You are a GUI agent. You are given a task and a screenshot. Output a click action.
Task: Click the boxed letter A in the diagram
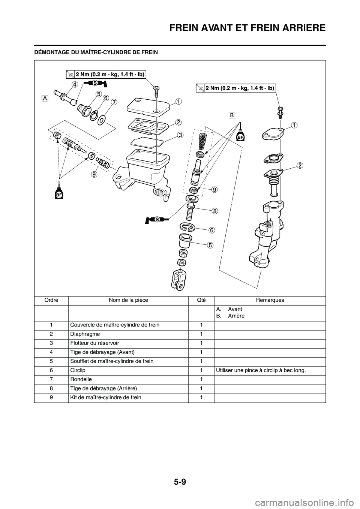(x=45, y=98)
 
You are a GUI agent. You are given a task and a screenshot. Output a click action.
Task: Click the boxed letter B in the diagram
(x=232, y=115)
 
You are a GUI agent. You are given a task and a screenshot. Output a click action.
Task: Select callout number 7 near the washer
(x=114, y=102)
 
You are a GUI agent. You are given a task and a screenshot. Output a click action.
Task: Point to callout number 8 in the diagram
(x=214, y=211)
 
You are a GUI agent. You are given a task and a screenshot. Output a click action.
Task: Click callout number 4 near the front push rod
(x=75, y=85)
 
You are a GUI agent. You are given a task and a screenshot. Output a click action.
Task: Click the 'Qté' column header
(x=201, y=300)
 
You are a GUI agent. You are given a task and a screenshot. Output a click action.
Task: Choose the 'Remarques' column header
(x=270, y=300)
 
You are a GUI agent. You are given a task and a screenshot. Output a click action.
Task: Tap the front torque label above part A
(x=106, y=74)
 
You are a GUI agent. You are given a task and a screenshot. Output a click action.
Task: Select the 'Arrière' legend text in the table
(x=236, y=316)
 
